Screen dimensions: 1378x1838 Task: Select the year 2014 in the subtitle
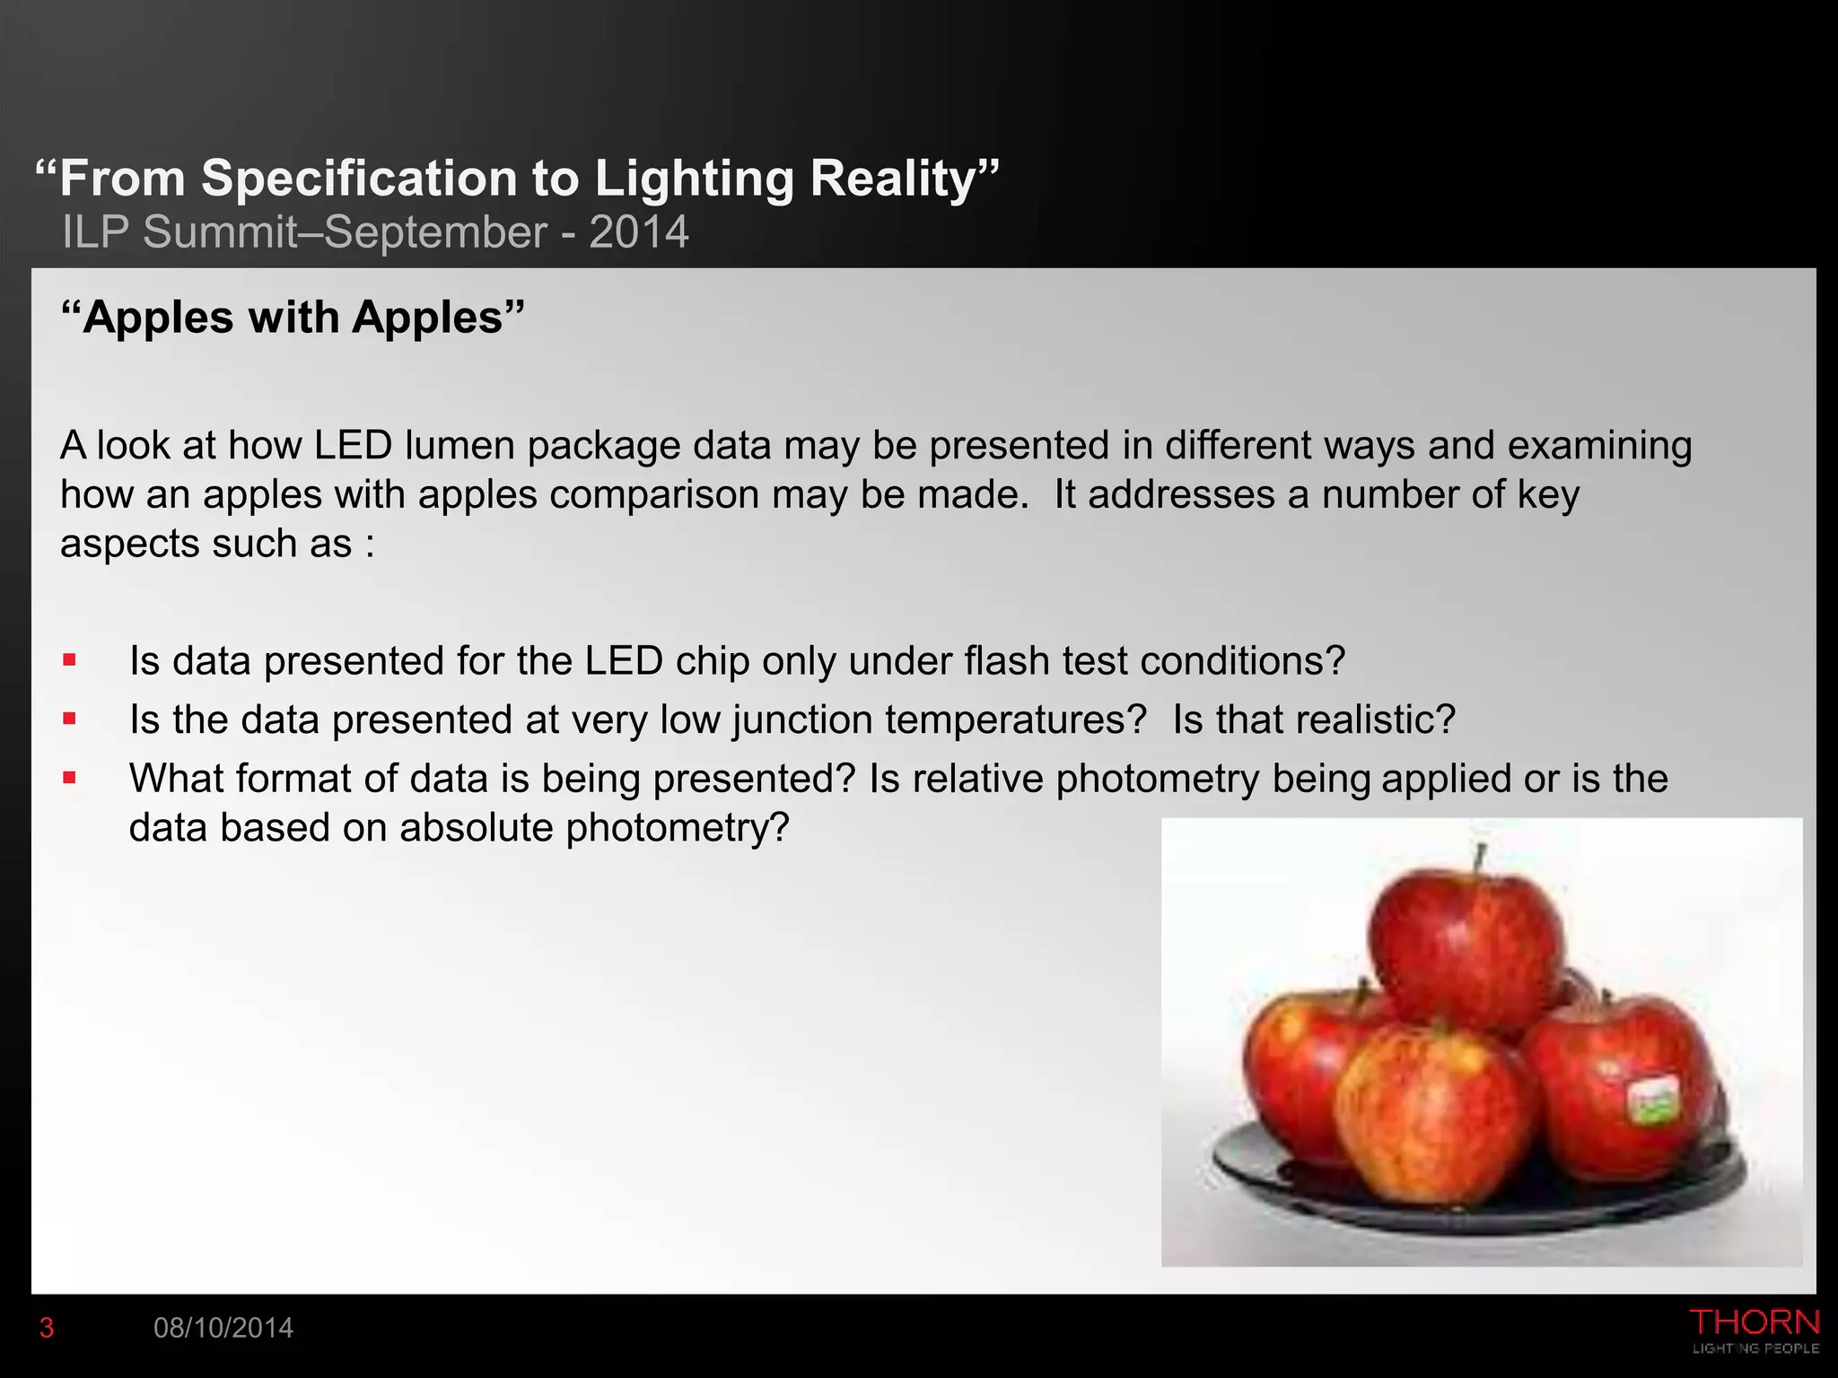point(639,232)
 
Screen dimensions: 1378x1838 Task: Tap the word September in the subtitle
point(435,232)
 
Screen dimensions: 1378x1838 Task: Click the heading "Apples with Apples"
point(293,318)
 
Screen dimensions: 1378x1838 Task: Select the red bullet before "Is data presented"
point(70,661)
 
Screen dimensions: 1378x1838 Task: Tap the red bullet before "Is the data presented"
point(70,720)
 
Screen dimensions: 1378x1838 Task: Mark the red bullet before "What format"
point(70,778)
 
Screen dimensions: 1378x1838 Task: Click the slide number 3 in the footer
point(47,1328)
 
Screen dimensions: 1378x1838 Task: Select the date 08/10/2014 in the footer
point(223,1328)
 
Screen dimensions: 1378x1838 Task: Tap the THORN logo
point(1755,1330)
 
